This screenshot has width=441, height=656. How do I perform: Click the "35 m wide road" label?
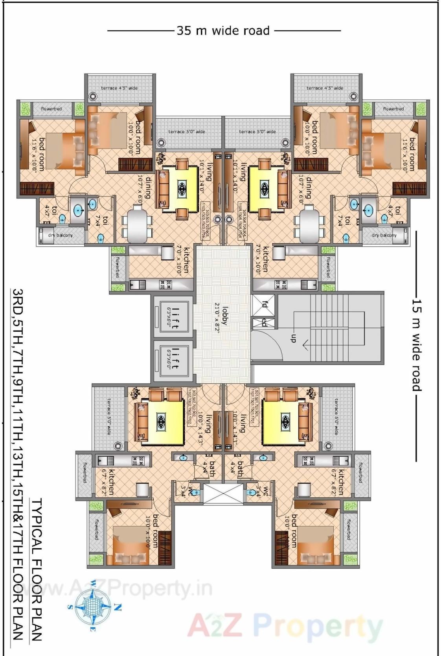(223, 31)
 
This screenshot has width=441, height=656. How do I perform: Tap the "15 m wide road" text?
(417, 345)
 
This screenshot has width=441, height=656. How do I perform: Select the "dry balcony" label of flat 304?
(384, 235)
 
